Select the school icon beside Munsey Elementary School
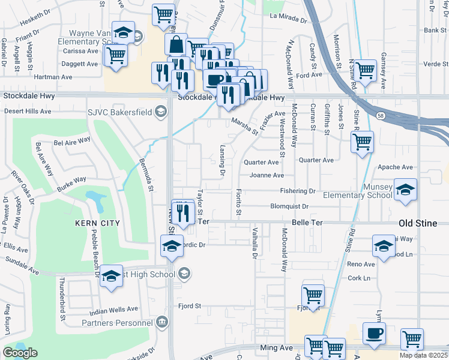[x=405, y=190]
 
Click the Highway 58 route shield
[x=381, y=115]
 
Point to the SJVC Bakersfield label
[x=124, y=111]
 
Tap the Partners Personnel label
[x=118, y=323]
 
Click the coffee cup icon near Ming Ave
[x=374, y=334]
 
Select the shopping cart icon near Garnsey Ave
[x=364, y=70]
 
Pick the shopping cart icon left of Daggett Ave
[x=116, y=55]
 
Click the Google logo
[x=20, y=352]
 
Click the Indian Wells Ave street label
[x=113, y=310]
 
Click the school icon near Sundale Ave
[x=111, y=276]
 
